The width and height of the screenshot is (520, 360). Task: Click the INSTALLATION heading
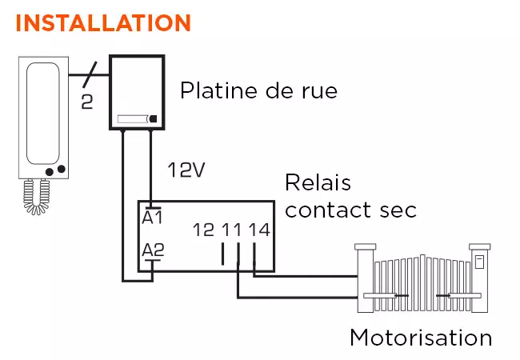(103, 22)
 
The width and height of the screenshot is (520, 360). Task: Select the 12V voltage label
(186, 170)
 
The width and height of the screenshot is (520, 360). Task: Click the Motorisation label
(420, 338)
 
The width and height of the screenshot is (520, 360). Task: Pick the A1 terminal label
(152, 217)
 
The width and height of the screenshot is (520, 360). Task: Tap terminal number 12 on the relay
(204, 230)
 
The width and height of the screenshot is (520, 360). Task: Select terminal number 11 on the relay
(231, 230)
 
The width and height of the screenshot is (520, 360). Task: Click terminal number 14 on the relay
(258, 230)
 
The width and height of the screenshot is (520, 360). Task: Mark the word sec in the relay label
(398, 210)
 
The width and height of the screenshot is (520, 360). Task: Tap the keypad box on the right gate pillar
(480, 261)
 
